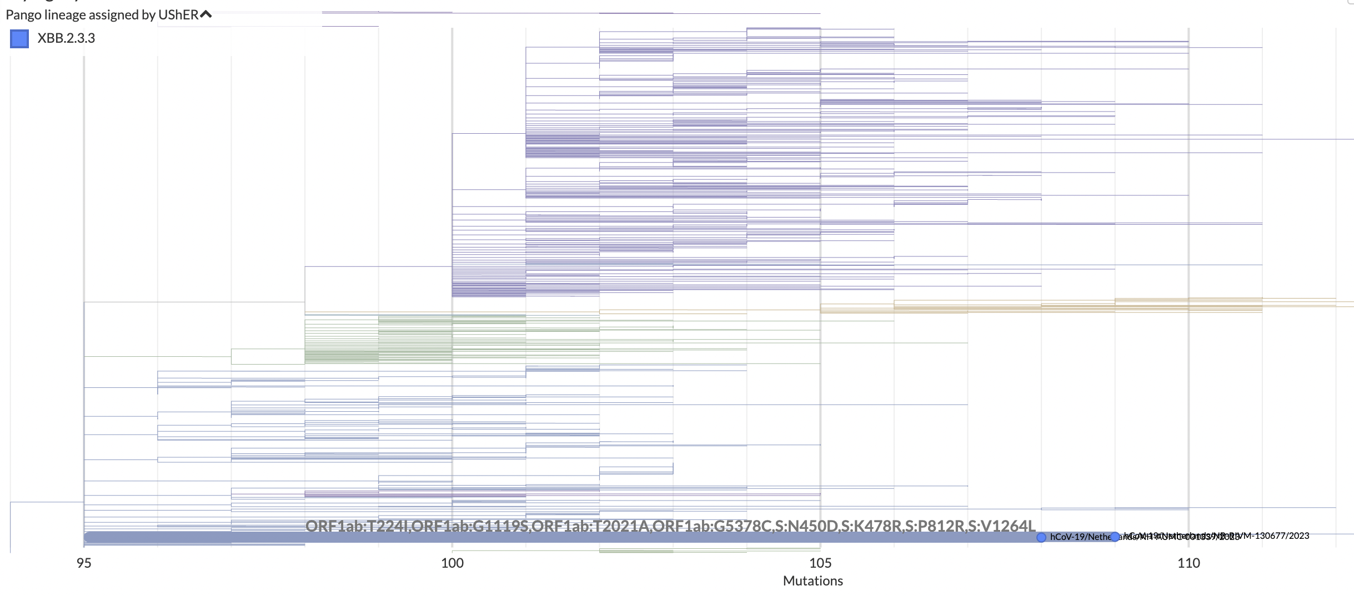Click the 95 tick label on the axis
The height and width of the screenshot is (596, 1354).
(x=84, y=563)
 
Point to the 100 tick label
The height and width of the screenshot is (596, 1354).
(x=452, y=563)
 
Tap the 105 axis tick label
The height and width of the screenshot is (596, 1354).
(x=820, y=563)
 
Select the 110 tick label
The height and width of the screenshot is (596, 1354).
(x=1188, y=563)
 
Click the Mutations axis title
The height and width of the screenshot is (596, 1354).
(x=813, y=581)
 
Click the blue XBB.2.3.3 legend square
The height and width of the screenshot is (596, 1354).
(x=19, y=39)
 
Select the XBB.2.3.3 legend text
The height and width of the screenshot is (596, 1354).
(x=66, y=38)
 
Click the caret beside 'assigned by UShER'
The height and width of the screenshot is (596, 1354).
(x=206, y=14)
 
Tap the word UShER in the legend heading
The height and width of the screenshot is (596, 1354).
(x=178, y=15)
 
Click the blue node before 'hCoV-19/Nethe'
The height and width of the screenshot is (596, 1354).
(x=1041, y=537)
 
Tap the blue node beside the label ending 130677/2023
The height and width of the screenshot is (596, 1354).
(x=1115, y=537)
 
